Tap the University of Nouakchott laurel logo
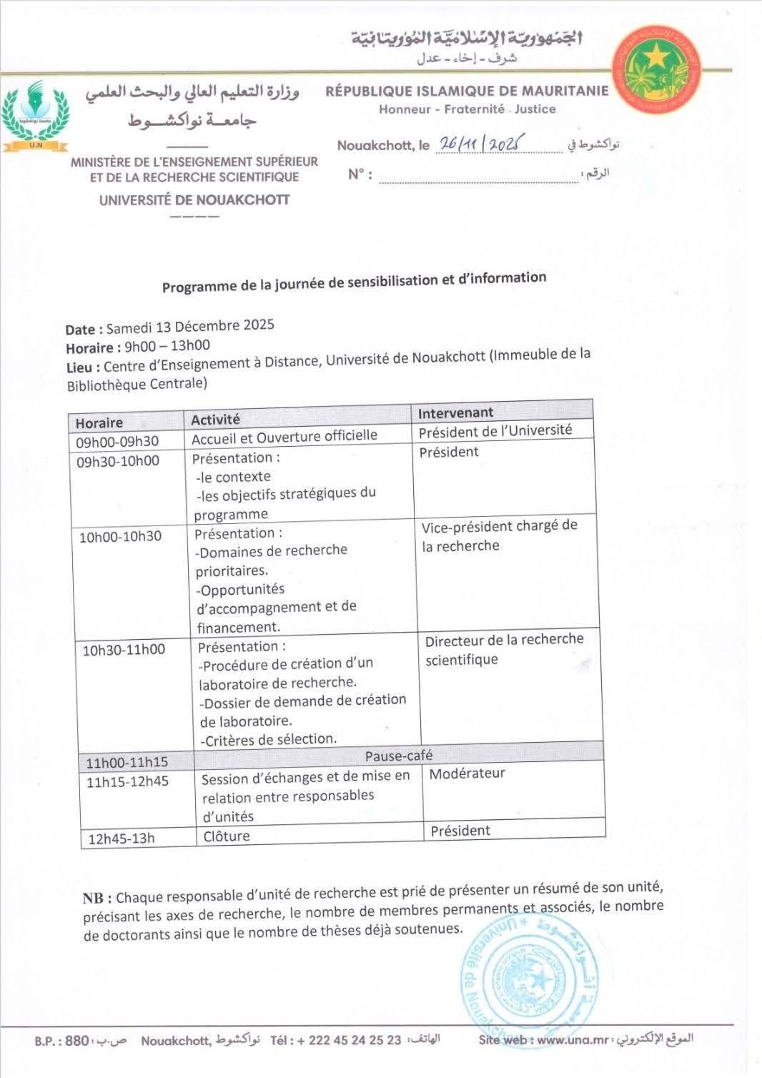pyautogui.click(x=35, y=116)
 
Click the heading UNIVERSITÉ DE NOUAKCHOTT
pyautogui.click(x=194, y=200)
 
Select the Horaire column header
pyautogui.click(x=99, y=422)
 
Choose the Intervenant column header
pyautogui.click(x=455, y=412)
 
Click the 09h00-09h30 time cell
pyautogui.click(x=117, y=442)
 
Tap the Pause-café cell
pyautogui.click(x=399, y=756)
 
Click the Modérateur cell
pyautogui.click(x=467, y=773)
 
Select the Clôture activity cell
pyautogui.click(x=227, y=836)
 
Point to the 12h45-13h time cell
pyautogui.click(x=121, y=839)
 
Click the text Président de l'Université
pyautogui.click(x=495, y=431)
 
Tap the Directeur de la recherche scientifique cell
pyautogui.click(x=504, y=649)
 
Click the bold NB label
pyautogui.click(x=97, y=899)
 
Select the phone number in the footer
pyautogui.click(x=349, y=1040)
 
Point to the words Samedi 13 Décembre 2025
pyautogui.click(x=190, y=327)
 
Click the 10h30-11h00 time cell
pyautogui.click(x=123, y=650)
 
